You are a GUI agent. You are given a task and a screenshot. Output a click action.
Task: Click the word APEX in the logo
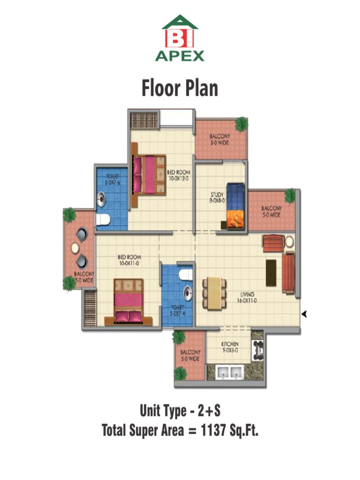tap(180, 56)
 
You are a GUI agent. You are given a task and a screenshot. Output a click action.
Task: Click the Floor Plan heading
tap(180, 89)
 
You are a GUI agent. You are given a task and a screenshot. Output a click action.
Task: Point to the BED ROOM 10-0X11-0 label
tap(129, 260)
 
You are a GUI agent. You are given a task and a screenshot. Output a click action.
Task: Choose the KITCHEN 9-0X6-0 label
tap(230, 347)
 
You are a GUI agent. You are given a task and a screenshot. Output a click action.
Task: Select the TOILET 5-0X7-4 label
tap(177, 311)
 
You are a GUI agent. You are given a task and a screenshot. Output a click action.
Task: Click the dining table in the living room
tap(214, 293)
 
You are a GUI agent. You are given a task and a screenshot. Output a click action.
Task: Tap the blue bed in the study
tap(236, 206)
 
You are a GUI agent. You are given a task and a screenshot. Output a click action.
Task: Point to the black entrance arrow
tap(304, 315)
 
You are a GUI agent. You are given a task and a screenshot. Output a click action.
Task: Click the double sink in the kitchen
tap(229, 373)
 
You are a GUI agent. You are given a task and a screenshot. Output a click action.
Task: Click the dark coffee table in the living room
tap(271, 272)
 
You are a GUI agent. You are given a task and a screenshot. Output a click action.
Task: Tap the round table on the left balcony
tap(75, 248)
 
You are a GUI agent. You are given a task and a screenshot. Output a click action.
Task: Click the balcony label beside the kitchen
tap(190, 355)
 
